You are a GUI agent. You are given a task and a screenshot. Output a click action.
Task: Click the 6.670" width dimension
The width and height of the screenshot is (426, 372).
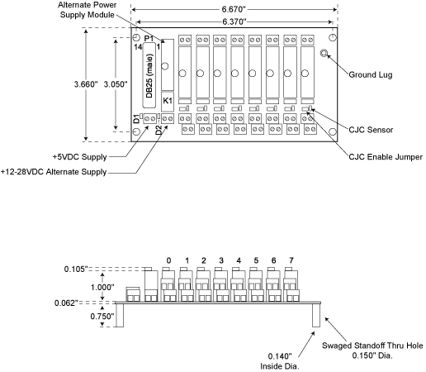tap(234, 9)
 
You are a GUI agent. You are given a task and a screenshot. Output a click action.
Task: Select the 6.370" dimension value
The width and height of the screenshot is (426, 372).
tap(234, 21)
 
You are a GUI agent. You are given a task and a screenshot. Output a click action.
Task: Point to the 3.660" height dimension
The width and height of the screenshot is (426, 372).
tap(86, 84)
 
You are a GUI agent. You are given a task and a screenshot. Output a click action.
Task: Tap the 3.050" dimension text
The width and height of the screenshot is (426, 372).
tap(116, 84)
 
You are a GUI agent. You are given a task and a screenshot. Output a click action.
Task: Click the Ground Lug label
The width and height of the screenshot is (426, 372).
tap(371, 74)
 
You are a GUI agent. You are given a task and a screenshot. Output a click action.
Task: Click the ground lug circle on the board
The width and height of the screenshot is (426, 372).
tap(324, 53)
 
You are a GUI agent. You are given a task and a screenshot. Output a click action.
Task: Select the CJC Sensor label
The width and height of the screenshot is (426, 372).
tap(371, 130)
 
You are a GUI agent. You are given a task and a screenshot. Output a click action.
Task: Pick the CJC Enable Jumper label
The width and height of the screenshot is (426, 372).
tap(386, 157)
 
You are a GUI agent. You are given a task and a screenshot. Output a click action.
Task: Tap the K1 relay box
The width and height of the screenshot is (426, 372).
tap(168, 101)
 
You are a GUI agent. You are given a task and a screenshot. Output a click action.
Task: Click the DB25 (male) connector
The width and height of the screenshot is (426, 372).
tap(149, 75)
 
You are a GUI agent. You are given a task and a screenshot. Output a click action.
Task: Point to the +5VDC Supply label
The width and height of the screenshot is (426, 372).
tap(80, 157)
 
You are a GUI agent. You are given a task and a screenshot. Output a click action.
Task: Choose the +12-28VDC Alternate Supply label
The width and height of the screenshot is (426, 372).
tap(54, 172)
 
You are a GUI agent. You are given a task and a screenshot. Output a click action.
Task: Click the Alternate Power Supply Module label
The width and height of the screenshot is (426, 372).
tap(88, 10)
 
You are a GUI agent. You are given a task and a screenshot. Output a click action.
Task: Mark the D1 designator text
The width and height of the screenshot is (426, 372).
tap(136, 119)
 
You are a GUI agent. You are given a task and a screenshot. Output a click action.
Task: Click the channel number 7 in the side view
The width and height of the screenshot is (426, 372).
tap(291, 260)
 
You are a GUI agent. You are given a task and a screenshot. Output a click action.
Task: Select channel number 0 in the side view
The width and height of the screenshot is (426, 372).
tap(168, 260)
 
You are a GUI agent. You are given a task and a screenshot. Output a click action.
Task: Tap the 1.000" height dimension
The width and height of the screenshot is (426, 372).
tap(102, 287)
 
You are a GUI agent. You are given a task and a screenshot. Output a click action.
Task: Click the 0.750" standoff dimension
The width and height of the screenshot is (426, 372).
tap(102, 316)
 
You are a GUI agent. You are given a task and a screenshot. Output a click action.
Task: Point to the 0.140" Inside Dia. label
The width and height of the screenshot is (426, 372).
tap(280, 361)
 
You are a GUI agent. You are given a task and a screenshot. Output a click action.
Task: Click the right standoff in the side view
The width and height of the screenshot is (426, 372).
tap(316, 315)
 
